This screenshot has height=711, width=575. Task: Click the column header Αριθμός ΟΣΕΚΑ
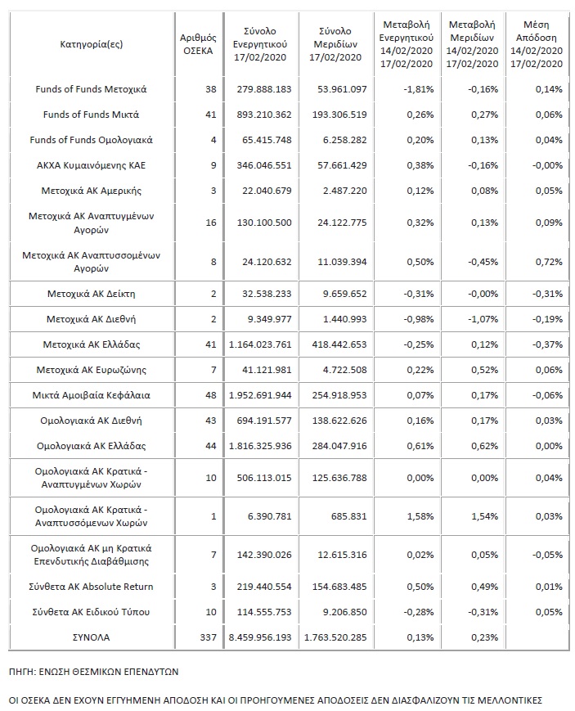click(x=196, y=43)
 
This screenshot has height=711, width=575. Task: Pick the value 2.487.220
click(x=338, y=190)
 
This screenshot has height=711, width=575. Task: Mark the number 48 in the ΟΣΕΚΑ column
click(x=210, y=395)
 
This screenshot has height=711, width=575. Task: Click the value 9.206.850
click(x=338, y=611)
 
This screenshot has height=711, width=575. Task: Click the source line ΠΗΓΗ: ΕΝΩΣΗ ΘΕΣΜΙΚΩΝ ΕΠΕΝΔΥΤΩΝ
click(x=94, y=672)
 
